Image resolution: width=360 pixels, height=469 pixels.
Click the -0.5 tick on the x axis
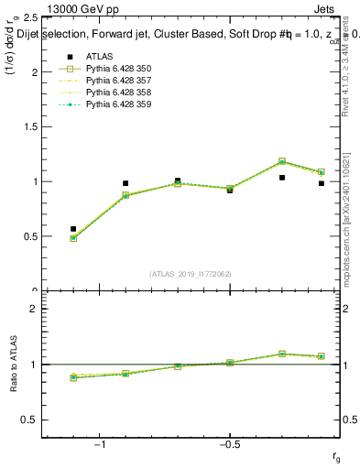pyautogui.click(x=229, y=446)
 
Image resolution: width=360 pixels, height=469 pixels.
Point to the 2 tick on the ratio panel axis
pyautogui.click(x=32, y=309)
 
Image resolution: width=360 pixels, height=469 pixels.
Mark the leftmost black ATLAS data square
pyautogui.click(x=73, y=229)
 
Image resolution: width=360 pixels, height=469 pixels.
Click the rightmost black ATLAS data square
pyautogui.click(x=322, y=183)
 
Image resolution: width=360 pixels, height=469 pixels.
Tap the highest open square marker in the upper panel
pyautogui.click(x=282, y=161)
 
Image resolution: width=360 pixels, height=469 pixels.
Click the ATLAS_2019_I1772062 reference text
pyautogui.click(x=191, y=274)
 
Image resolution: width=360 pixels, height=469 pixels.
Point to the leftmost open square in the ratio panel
pyautogui.click(x=73, y=377)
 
